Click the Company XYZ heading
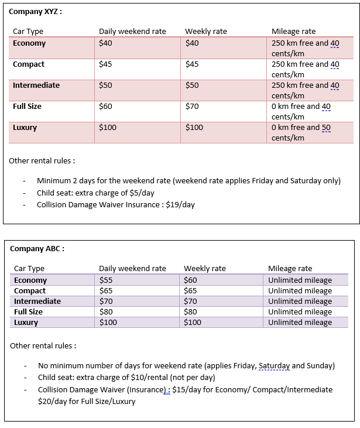point(36,11)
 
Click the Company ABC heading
point(37,248)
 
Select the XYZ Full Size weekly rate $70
point(192,107)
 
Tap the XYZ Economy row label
point(29,43)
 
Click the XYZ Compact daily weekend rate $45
point(105,64)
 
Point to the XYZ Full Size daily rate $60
point(105,107)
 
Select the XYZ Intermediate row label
point(36,85)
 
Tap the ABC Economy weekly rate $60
point(191,280)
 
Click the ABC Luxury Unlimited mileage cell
point(300,323)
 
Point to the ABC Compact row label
point(30,291)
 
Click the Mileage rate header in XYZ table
point(293,32)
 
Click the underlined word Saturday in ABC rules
point(274,366)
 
